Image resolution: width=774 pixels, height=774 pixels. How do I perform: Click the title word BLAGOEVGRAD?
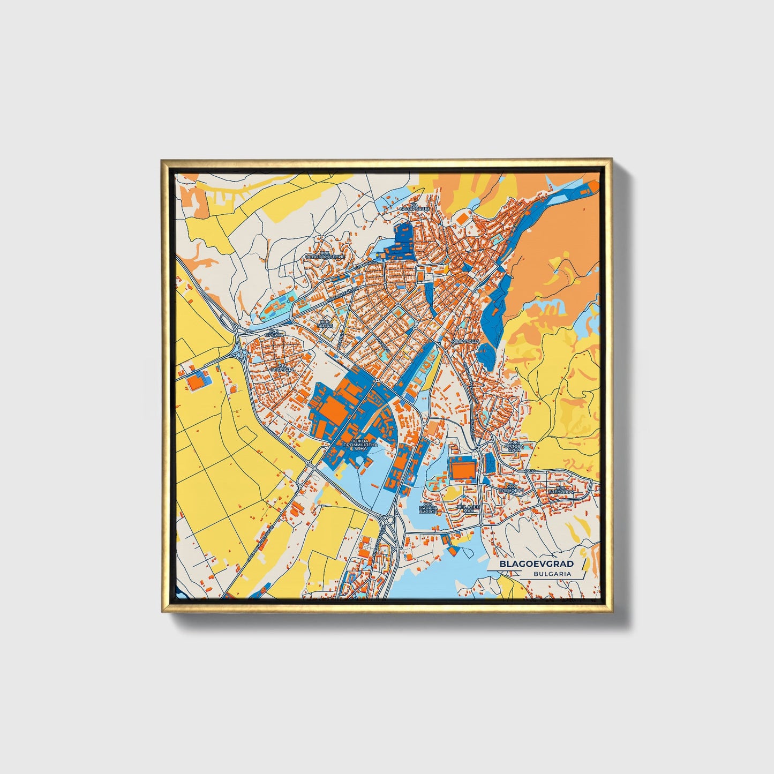[x=536, y=564]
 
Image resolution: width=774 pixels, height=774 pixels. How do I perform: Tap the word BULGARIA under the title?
[x=552, y=574]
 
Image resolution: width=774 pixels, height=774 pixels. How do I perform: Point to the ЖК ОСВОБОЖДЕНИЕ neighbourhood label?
[x=325, y=255]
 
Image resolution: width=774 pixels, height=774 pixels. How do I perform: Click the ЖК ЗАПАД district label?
[x=325, y=324]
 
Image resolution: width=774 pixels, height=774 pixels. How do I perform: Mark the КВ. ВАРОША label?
[x=464, y=341]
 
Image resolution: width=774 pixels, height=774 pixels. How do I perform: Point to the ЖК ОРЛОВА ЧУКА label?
[x=514, y=446]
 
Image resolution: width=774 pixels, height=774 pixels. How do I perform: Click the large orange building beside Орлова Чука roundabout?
[x=462, y=469]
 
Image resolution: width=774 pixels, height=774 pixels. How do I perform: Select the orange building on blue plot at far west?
[x=194, y=381]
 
